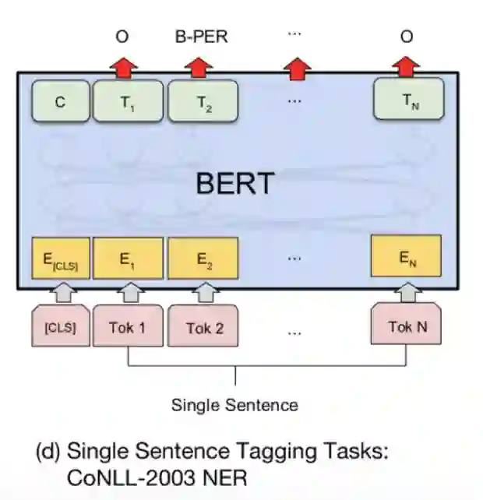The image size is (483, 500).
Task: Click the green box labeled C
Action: pyautogui.click(x=61, y=102)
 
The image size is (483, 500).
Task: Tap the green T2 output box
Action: pyautogui.click(x=204, y=102)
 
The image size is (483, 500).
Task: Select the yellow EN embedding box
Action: pyautogui.click(x=405, y=257)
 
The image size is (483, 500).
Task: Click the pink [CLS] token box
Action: pyautogui.click(x=60, y=328)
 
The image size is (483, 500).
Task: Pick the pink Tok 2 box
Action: pyautogui.click(x=204, y=328)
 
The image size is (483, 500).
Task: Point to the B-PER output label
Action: pyautogui.click(x=200, y=37)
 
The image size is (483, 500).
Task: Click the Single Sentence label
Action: pyautogui.click(x=234, y=405)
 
